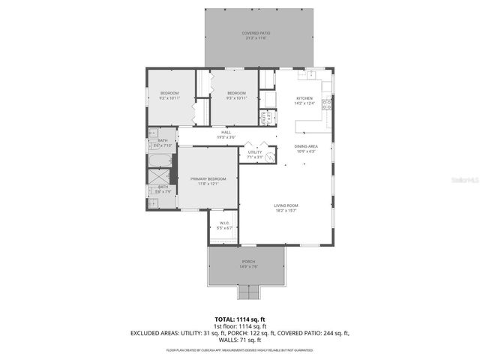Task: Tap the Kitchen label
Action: coord(304,98)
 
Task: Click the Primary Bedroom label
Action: coord(207,178)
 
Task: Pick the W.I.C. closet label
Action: coord(224,223)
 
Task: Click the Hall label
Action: coord(226,133)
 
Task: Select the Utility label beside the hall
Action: coord(256,152)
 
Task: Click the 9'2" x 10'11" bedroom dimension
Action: coord(169,98)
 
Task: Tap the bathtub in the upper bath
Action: coord(160,160)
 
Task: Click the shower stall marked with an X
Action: coord(160,178)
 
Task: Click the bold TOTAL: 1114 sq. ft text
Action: coord(239,319)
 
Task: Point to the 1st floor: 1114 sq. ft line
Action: coord(239,325)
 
